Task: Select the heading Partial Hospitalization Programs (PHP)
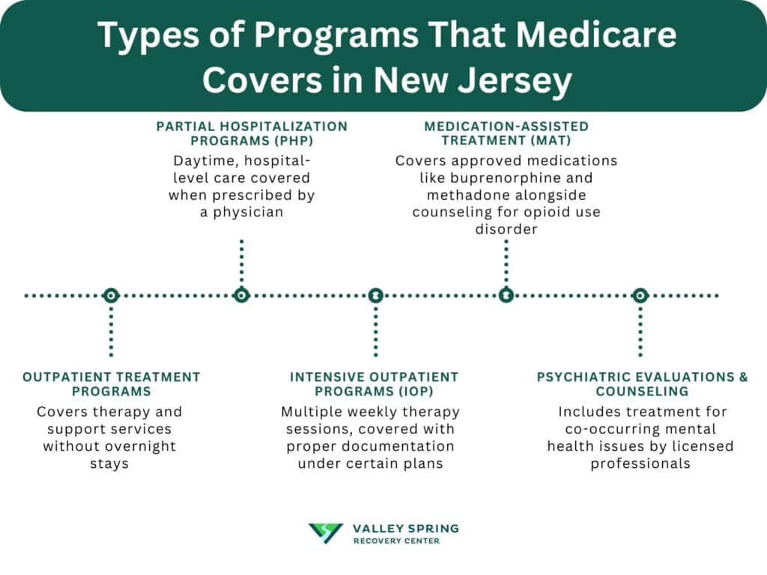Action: coord(252,133)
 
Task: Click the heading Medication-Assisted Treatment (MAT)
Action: coord(506,133)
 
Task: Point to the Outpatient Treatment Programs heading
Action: coord(112,384)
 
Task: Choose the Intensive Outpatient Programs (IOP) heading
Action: coord(374,384)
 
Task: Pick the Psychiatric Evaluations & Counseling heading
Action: coord(642,384)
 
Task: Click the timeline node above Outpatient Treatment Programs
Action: coord(111,296)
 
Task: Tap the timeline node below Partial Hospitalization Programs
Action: coord(241,296)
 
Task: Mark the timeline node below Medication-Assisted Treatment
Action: coord(506,296)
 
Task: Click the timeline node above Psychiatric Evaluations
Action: coord(640,296)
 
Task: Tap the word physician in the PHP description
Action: coord(252,212)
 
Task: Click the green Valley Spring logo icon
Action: coord(326,533)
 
